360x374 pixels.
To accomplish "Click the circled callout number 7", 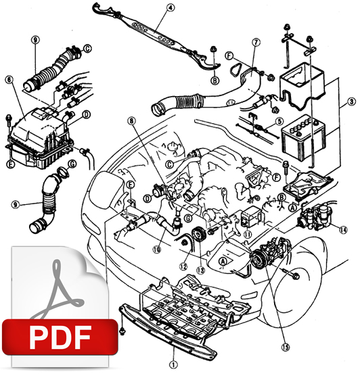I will (256, 43).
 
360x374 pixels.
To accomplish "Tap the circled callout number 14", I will (343, 229).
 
